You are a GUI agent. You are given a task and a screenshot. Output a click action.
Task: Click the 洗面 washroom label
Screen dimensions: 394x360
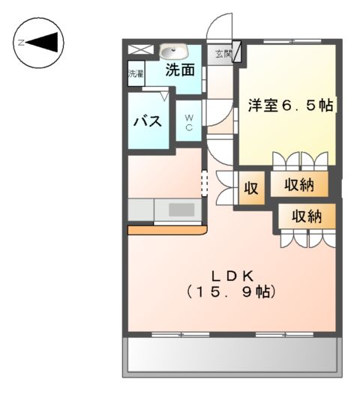[180, 71]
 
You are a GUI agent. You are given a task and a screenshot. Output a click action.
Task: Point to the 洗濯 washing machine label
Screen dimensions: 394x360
[135, 74]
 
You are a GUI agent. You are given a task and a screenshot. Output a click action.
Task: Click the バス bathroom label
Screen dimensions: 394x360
[148, 121]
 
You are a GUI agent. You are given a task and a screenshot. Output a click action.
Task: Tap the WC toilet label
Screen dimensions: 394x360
[189, 122]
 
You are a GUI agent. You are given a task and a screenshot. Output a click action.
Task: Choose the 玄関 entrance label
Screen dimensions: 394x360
[223, 54]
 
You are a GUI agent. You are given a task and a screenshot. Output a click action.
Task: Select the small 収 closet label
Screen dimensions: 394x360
[251, 188]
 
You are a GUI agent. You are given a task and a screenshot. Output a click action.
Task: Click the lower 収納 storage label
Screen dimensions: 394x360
[306, 216]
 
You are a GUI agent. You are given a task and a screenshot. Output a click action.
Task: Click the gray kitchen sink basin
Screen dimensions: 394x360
[181, 210]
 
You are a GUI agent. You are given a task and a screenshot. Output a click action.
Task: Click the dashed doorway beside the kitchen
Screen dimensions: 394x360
[202, 182]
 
